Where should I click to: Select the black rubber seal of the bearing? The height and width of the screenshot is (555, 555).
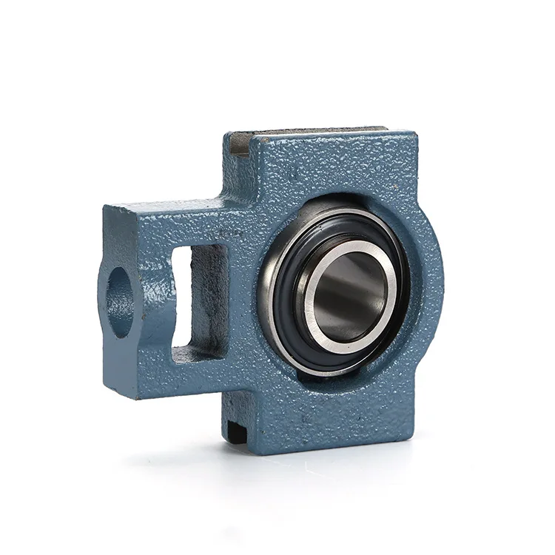(x=289, y=311)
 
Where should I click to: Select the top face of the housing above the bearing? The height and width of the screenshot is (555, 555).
(x=326, y=132)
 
